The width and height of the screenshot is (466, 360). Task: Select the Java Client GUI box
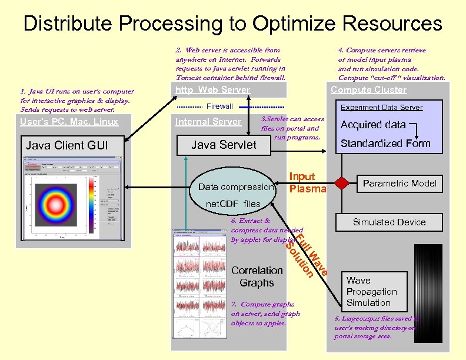tap(67, 145)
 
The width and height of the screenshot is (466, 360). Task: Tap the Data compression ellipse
tap(236, 187)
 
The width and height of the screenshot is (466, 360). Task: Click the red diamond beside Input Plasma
tap(339, 182)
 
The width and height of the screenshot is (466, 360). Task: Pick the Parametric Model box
tap(400, 184)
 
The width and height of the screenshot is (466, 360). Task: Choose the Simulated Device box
tap(389, 222)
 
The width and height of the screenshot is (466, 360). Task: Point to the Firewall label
tap(219, 106)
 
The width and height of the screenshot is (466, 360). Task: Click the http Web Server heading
tap(212, 90)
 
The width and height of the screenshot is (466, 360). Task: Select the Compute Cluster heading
tap(368, 90)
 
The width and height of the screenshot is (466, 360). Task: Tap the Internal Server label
tap(208, 122)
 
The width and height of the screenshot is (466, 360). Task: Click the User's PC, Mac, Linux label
tap(69, 122)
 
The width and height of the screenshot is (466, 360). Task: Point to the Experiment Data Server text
tap(381, 107)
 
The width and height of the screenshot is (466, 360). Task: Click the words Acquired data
tap(373, 125)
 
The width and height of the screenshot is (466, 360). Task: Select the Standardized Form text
tap(385, 144)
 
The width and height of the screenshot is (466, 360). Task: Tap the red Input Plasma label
tap(307, 182)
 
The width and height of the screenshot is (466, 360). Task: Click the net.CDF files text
tap(232, 204)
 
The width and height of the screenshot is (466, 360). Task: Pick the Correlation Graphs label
tap(257, 276)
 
